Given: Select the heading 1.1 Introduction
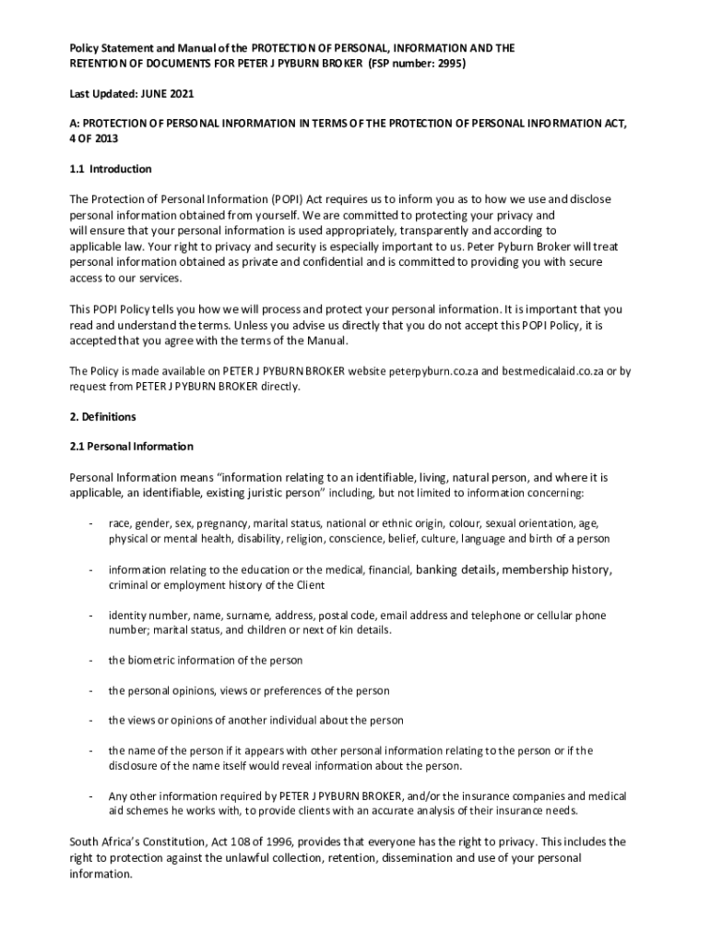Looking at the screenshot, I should pos(111,169).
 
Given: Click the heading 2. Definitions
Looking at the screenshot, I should pos(103,416).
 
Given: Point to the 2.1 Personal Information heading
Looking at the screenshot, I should pos(132,446).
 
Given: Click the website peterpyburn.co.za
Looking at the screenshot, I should pos(431,371).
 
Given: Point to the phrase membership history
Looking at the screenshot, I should pos(556,569).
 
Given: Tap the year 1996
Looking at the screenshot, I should pos(278,842).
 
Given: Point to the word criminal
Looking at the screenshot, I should pos(130,585).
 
